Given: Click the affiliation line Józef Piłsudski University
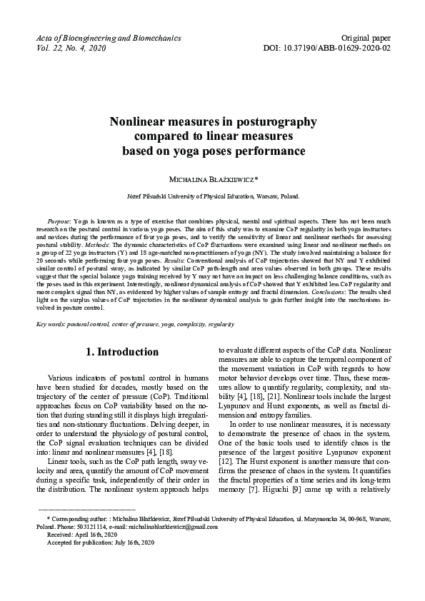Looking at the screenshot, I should coord(212,195).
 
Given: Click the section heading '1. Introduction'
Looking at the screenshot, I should coord(122,352).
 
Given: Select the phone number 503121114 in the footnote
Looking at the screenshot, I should coord(89,527).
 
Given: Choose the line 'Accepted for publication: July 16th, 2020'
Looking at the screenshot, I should coord(100,542).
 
